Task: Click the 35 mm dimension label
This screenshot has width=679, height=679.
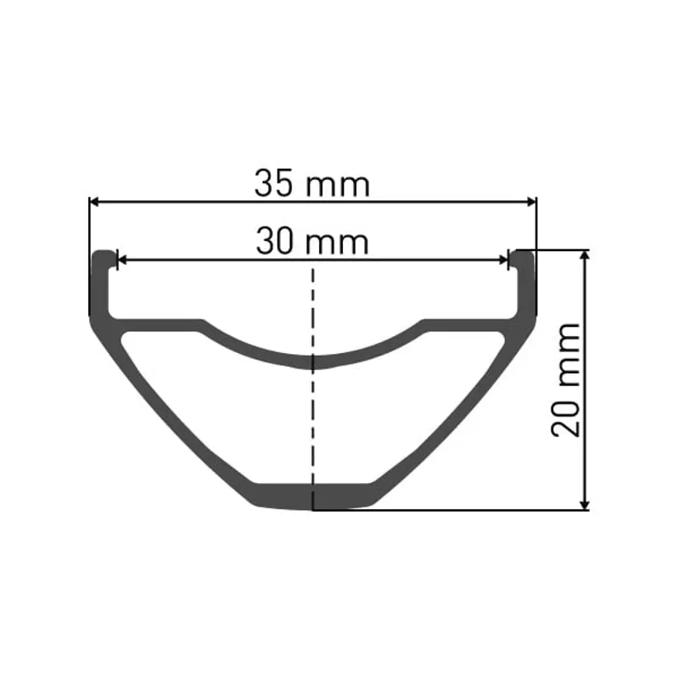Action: pyautogui.click(x=311, y=183)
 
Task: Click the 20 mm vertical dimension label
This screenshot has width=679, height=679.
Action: pyautogui.click(x=567, y=379)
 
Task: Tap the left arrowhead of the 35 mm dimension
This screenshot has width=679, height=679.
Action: pyautogui.click(x=94, y=201)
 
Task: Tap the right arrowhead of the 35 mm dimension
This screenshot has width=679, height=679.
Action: pyautogui.click(x=532, y=201)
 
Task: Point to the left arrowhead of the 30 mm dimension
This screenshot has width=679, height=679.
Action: pyautogui.click(x=121, y=260)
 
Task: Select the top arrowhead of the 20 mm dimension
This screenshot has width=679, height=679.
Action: pyautogui.click(x=584, y=255)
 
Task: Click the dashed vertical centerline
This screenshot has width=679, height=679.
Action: pyautogui.click(x=313, y=407)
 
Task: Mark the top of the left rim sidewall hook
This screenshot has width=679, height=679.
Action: pyautogui.click(x=103, y=255)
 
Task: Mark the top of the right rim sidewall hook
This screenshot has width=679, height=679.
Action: pyautogui.click(x=524, y=255)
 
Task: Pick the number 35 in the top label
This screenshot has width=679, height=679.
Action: pyautogui.click(x=275, y=183)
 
